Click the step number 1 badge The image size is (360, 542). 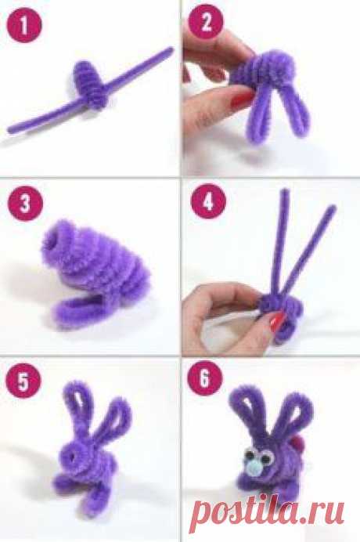(23, 25)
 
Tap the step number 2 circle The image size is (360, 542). (207, 23)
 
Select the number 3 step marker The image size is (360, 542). (25, 204)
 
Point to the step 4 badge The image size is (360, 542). (208, 201)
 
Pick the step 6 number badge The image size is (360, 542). (204, 378)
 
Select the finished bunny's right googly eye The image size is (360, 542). (266, 457)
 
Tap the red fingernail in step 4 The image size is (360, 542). (277, 322)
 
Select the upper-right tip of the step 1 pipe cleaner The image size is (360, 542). (171, 50)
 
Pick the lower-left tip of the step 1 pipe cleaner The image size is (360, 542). (10, 130)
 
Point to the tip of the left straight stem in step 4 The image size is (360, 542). (285, 191)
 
